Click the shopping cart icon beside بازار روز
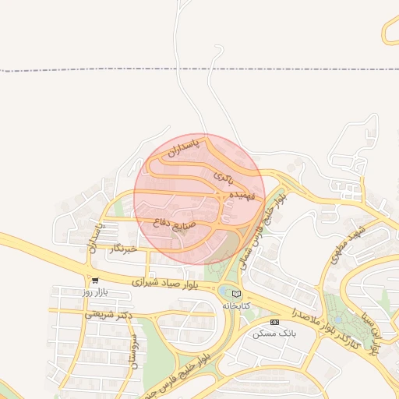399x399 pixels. pos(95,280)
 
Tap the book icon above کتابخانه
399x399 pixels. pos(236,294)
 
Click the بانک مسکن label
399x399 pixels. pos(274,333)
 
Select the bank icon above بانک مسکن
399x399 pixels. pos(274,322)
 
